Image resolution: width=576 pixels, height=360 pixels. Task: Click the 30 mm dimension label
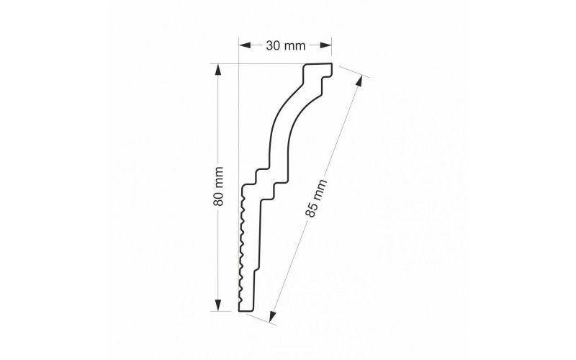tap(285, 45)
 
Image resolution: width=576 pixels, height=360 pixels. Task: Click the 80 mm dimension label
tap(218, 186)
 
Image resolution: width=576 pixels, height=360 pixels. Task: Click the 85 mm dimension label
tap(315, 199)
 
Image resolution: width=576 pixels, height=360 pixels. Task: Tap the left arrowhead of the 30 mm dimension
tap(245, 45)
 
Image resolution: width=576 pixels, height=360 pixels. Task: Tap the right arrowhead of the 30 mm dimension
tap(325, 45)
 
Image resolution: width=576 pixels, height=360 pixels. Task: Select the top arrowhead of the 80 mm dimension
tap(218, 70)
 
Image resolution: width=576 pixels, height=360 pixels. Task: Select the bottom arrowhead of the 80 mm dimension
tap(218, 305)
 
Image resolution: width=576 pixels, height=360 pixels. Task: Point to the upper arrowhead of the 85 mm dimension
tap(359, 81)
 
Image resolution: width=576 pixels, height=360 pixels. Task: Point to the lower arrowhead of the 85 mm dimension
tap(272, 316)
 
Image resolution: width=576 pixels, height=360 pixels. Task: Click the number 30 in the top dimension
tap(272, 45)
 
